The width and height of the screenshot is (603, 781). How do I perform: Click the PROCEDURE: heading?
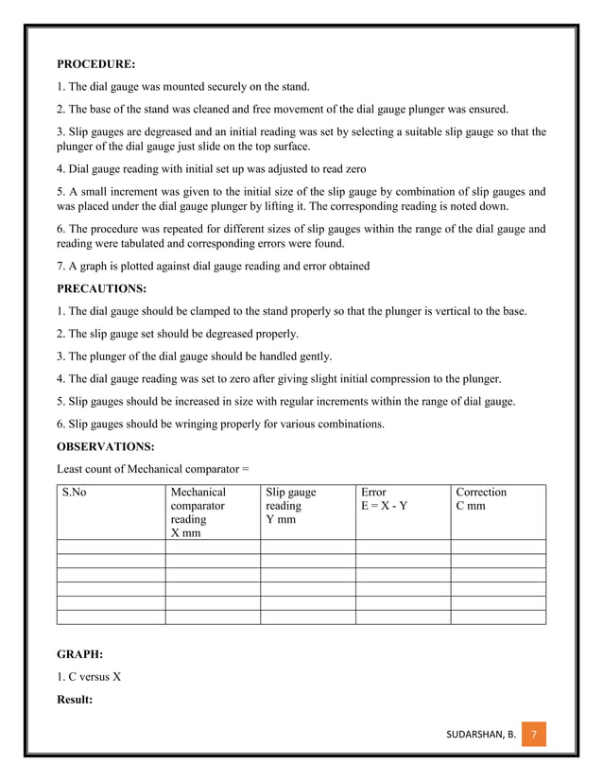[x=95, y=65]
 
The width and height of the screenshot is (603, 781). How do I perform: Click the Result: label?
[x=78, y=699]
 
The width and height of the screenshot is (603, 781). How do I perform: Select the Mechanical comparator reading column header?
[x=198, y=512]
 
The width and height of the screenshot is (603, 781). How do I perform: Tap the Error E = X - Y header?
[x=385, y=499]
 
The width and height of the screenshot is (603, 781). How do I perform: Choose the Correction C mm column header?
[x=481, y=499]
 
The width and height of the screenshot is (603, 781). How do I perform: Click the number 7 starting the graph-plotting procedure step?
[x=60, y=266]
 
